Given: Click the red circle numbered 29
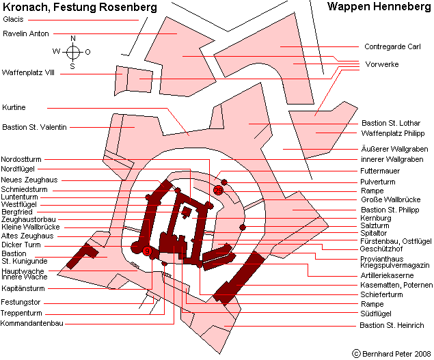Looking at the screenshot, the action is pos(218,191).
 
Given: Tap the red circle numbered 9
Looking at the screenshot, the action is pos(147,251).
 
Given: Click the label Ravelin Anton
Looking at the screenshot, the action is pos(26,33).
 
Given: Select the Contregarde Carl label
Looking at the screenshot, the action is pos(392,46).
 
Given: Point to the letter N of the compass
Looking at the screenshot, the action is pos(73,38).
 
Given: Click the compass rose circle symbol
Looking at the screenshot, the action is pos(73,52).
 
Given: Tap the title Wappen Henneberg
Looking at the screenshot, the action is pos(379,7).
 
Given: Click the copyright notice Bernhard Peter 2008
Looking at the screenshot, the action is pos(392,354).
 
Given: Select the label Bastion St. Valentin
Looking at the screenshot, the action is pos(34,127).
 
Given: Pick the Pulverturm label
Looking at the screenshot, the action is pos(377,182).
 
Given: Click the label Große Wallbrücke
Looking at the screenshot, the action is pos(390,199).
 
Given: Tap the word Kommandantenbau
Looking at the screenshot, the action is pos(32,323).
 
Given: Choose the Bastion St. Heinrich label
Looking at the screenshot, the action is pos(392,325).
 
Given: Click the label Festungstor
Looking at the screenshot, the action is pos(21,302).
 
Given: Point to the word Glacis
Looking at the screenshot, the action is pos(13,19).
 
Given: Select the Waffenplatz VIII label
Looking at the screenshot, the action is pos(28,73).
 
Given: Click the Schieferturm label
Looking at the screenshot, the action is pos(381,294).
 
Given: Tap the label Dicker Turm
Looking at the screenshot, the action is pos(21,245).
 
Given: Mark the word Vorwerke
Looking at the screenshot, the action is pos(382,64).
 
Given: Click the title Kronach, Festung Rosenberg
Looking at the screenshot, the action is pos(80,8).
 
